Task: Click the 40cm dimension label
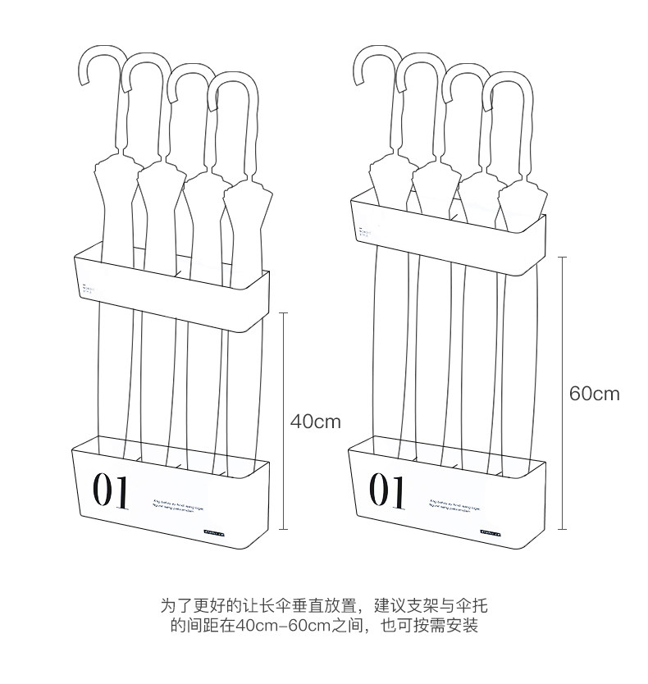click(x=315, y=422)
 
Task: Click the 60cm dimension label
click(x=595, y=394)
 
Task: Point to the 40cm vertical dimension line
click(x=285, y=420)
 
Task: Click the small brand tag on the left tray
click(x=219, y=531)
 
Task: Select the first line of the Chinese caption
click(x=323, y=607)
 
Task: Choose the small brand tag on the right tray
click(x=495, y=529)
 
